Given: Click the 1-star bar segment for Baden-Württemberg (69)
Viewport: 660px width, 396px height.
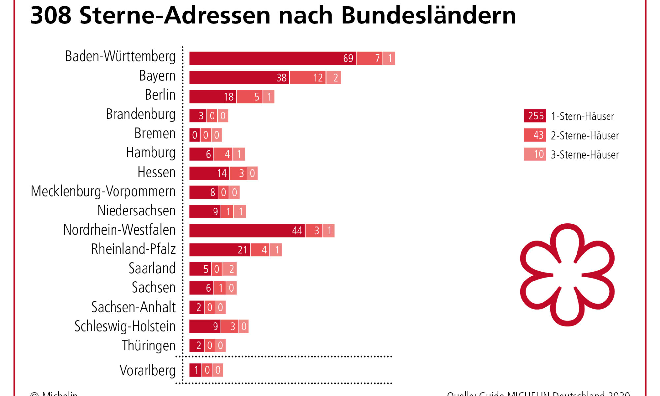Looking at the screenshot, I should coord(273,58).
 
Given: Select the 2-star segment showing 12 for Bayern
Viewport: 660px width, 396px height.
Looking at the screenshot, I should coord(308,78).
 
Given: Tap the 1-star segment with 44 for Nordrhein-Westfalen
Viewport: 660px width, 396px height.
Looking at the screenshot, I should coord(247,231).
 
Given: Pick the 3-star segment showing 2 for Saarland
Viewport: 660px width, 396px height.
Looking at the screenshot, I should coord(230,269).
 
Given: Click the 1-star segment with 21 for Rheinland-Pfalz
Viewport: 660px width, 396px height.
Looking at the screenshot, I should coord(220,250).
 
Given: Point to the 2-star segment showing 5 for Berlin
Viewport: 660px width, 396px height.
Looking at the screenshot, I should coord(249,97).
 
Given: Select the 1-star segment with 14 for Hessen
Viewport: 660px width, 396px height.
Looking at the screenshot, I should coord(209,173).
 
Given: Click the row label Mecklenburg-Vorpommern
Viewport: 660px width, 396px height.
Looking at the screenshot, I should coord(103,191).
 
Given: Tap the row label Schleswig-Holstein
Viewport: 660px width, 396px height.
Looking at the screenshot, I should coord(125,326).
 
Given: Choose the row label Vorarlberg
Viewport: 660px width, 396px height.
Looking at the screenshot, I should coord(148,370).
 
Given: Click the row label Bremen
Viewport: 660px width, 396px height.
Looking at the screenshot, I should coord(155,134).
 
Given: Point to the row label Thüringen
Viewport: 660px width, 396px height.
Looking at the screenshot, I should coord(148,346).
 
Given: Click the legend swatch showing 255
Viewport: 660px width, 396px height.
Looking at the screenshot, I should coord(535,116).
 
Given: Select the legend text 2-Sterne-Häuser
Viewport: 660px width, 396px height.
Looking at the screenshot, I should coord(585,136).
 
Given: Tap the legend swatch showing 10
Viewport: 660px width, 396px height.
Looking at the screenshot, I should coord(535,154).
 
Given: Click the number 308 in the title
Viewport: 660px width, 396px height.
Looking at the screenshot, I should coord(51,15).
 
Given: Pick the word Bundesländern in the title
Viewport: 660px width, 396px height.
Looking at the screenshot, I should coord(428,15).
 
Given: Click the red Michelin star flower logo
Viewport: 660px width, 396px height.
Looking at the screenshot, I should coord(567,275).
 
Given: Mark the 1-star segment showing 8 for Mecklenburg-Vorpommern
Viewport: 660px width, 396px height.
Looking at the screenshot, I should coord(204,192).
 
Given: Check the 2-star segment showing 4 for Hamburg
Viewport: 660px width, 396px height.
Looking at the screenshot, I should coord(223,154).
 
